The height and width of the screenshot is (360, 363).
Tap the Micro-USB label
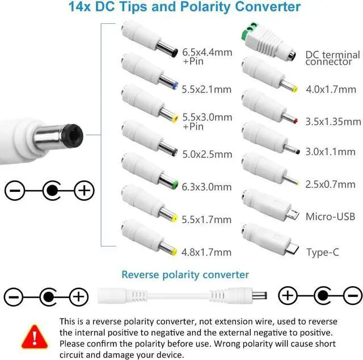click(x=330, y=216)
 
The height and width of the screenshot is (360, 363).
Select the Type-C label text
click(x=326, y=252)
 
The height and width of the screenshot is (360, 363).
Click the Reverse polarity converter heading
click(x=185, y=275)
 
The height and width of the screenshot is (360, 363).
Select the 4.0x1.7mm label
click(x=331, y=89)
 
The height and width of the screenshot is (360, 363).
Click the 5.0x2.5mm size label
click(x=207, y=154)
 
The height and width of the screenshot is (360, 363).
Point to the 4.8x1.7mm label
click(x=207, y=252)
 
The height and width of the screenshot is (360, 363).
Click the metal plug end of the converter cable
click(x=261, y=296)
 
